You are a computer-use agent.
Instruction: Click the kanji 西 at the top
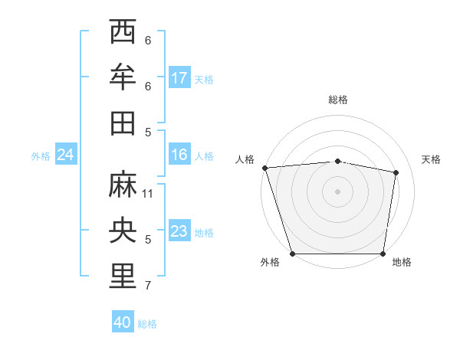click(x=123, y=32)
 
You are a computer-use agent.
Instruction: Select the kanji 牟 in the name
click(x=123, y=77)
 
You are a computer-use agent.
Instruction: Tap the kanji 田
click(x=123, y=123)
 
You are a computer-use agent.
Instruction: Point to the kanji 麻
click(x=123, y=185)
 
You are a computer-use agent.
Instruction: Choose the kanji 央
click(x=123, y=231)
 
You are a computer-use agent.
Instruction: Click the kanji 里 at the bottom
click(x=123, y=277)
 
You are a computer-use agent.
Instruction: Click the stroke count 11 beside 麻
click(x=149, y=194)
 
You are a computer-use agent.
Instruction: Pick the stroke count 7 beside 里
click(x=148, y=286)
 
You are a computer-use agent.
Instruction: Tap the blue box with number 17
click(x=179, y=78)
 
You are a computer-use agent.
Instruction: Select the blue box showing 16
click(x=179, y=155)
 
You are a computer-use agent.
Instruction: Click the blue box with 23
click(x=179, y=231)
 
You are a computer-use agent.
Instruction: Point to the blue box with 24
click(x=66, y=155)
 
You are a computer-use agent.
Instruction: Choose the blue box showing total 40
click(x=123, y=322)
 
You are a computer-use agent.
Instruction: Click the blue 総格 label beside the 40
click(x=147, y=324)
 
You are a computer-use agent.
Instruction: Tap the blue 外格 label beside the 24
click(x=41, y=156)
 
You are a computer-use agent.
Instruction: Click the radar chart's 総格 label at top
click(x=337, y=100)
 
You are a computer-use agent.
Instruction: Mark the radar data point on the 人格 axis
click(x=264, y=168)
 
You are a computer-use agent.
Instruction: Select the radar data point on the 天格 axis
click(x=396, y=172)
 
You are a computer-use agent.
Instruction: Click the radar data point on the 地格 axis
click(x=383, y=254)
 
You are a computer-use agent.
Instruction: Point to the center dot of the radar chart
click(x=337, y=191)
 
